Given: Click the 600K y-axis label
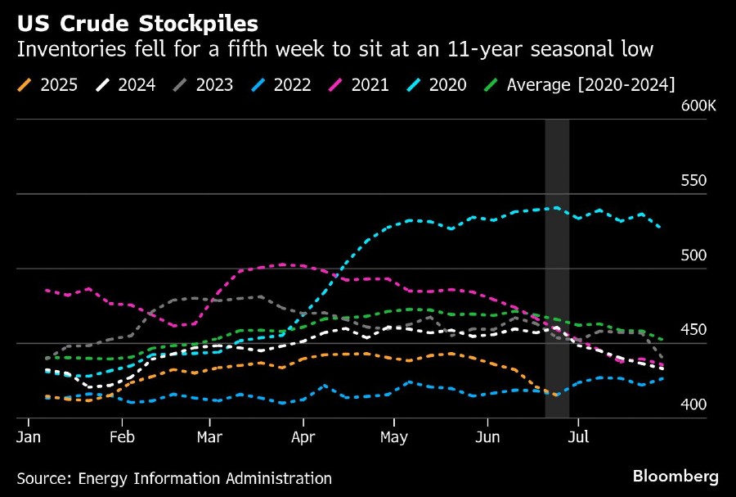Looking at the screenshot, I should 698,106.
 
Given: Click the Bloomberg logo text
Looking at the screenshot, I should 675,476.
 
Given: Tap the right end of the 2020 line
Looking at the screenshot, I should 660,227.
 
